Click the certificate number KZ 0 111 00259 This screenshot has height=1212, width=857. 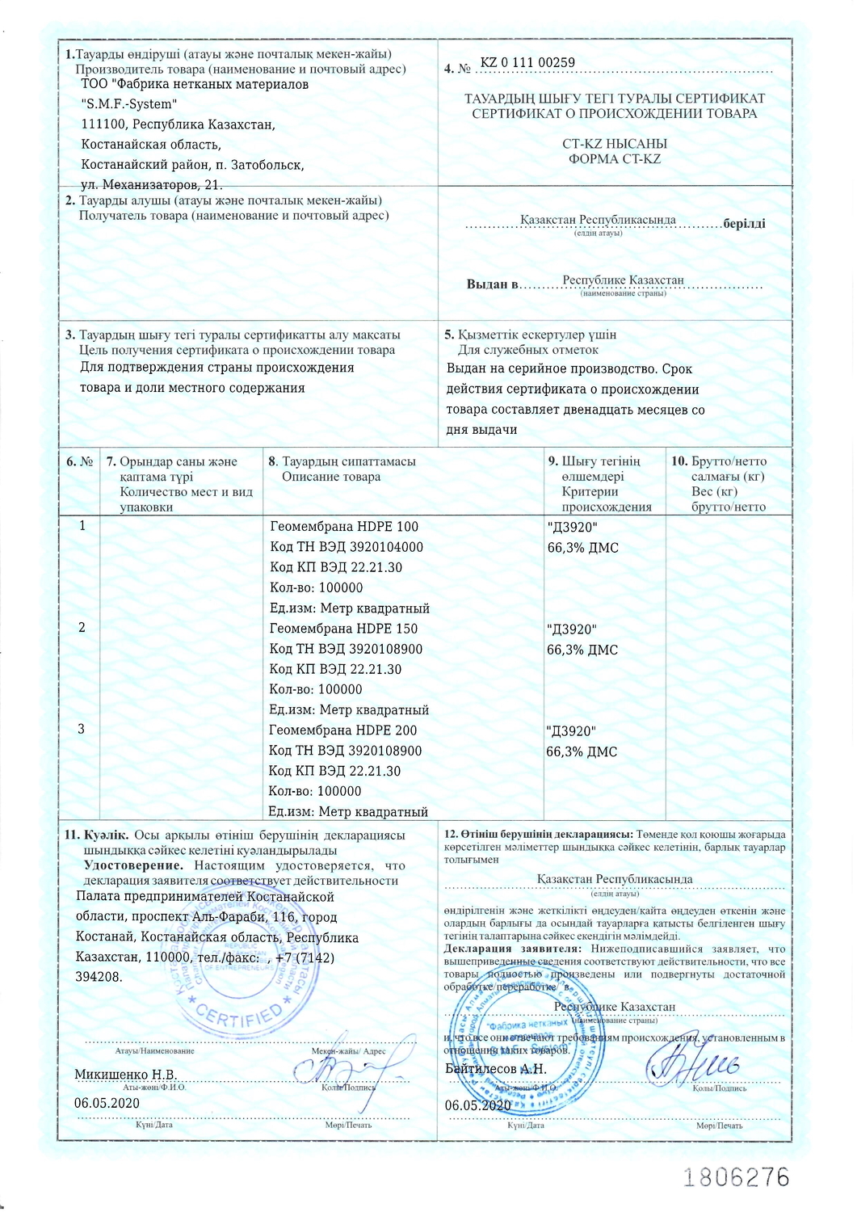click(x=527, y=63)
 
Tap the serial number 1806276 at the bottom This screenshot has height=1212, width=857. click(x=736, y=1176)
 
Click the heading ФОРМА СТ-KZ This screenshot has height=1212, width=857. click(x=615, y=159)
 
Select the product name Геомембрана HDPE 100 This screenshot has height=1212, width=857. click(x=344, y=527)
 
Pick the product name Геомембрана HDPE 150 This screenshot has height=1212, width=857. click(x=343, y=629)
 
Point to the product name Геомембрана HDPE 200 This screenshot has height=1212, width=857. click(x=343, y=730)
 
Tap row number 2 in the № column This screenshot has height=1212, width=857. click(x=82, y=628)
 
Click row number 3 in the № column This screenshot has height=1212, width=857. click(x=82, y=729)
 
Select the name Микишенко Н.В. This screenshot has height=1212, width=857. click(x=125, y=1075)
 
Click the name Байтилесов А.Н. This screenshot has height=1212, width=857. click(x=496, y=1069)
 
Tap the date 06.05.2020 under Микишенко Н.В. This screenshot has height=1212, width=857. click(x=107, y=1103)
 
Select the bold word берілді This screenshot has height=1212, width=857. click(x=744, y=224)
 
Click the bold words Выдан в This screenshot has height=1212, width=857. click(x=492, y=284)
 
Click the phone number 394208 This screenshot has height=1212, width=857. click(x=99, y=977)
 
